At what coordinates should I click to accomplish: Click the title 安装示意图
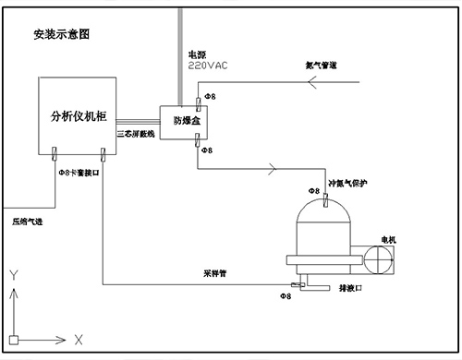pos(62,34)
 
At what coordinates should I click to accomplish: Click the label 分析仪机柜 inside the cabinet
pos(79,117)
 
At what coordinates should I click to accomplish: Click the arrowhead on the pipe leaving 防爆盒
pos(272,168)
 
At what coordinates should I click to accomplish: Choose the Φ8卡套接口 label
pos(76,173)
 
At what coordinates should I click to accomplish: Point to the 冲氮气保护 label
pos(348,183)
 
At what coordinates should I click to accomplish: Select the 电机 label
pos(388,240)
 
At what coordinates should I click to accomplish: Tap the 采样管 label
pos(215,273)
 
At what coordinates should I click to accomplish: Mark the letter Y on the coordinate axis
pos(13,275)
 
